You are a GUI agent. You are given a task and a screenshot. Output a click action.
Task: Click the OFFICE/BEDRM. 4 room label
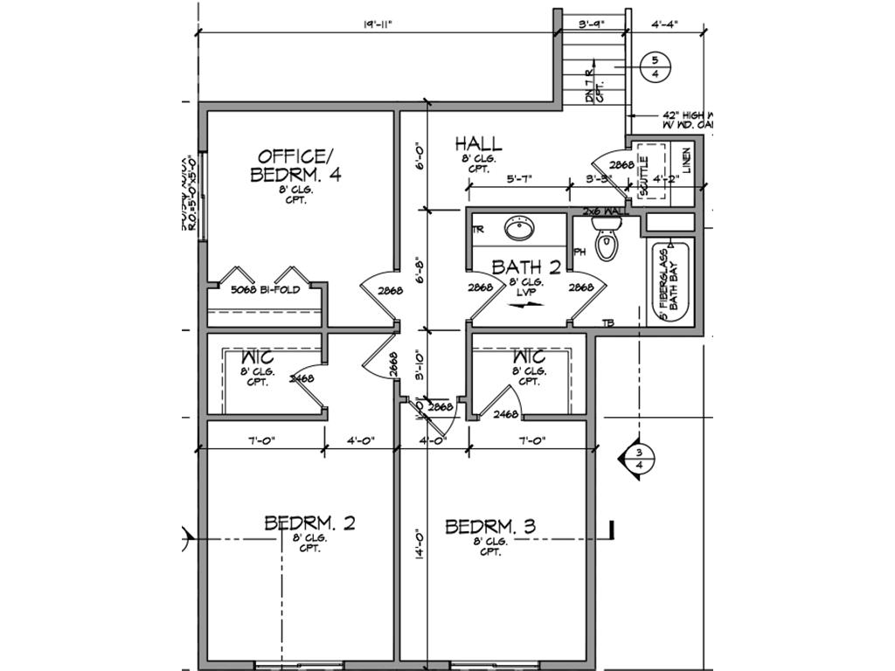click(x=295, y=165)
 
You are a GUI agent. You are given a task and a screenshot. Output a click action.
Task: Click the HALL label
click(x=478, y=142)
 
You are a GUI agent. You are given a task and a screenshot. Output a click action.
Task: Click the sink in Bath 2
click(x=519, y=230)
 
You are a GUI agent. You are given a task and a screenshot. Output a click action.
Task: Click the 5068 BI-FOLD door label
click(x=265, y=289)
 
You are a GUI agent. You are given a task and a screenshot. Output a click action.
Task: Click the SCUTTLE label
click(x=644, y=174)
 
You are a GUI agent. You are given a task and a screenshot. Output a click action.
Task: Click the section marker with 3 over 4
click(x=637, y=459)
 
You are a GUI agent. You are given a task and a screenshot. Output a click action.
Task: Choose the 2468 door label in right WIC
click(x=505, y=415)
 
